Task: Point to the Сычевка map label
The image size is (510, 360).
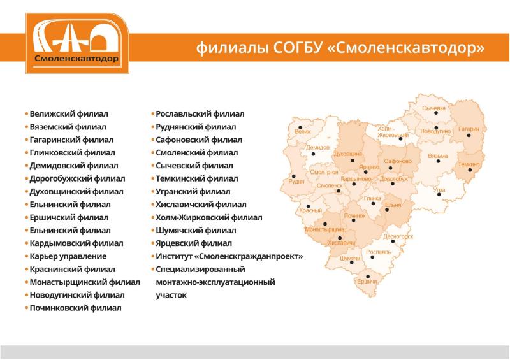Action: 433,108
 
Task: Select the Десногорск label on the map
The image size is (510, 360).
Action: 398,236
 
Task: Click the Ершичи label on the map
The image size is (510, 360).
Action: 367,281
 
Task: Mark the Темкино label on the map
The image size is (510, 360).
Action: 468,164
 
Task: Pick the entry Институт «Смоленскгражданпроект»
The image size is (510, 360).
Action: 229,256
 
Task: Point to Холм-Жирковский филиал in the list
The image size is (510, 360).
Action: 208,217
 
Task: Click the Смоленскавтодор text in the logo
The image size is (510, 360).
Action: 76,58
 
